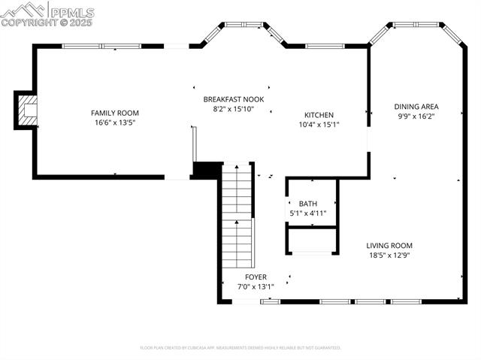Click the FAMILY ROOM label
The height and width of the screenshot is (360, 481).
pyautogui.click(x=115, y=113)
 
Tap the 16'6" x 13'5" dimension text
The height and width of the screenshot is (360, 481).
pyautogui.click(x=115, y=123)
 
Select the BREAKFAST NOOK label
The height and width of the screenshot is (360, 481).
pyautogui.click(x=234, y=99)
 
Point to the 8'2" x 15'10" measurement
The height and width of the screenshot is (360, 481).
pyautogui.click(x=234, y=109)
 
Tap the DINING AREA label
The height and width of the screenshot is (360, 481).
pyautogui.click(x=416, y=107)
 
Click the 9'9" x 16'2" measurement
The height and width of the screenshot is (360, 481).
pyautogui.click(x=416, y=116)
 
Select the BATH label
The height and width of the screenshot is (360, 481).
pyautogui.click(x=308, y=204)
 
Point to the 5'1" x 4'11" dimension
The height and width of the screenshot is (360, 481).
pyautogui.click(x=308, y=213)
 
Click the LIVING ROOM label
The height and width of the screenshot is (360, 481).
pyautogui.click(x=389, y=246)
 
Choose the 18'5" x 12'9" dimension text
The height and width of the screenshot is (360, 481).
pyautogui.click(x=389, y=256)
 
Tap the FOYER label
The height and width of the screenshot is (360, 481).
pyautogui.click(x=256, y=277)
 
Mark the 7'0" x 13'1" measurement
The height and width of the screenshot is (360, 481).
pyautogui.click(x=256, y=286)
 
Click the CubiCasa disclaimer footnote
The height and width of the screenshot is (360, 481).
pyautogui.click(x=240, y=348)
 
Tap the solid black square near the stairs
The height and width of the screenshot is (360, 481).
pyautogui.click(x=204, y=171)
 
